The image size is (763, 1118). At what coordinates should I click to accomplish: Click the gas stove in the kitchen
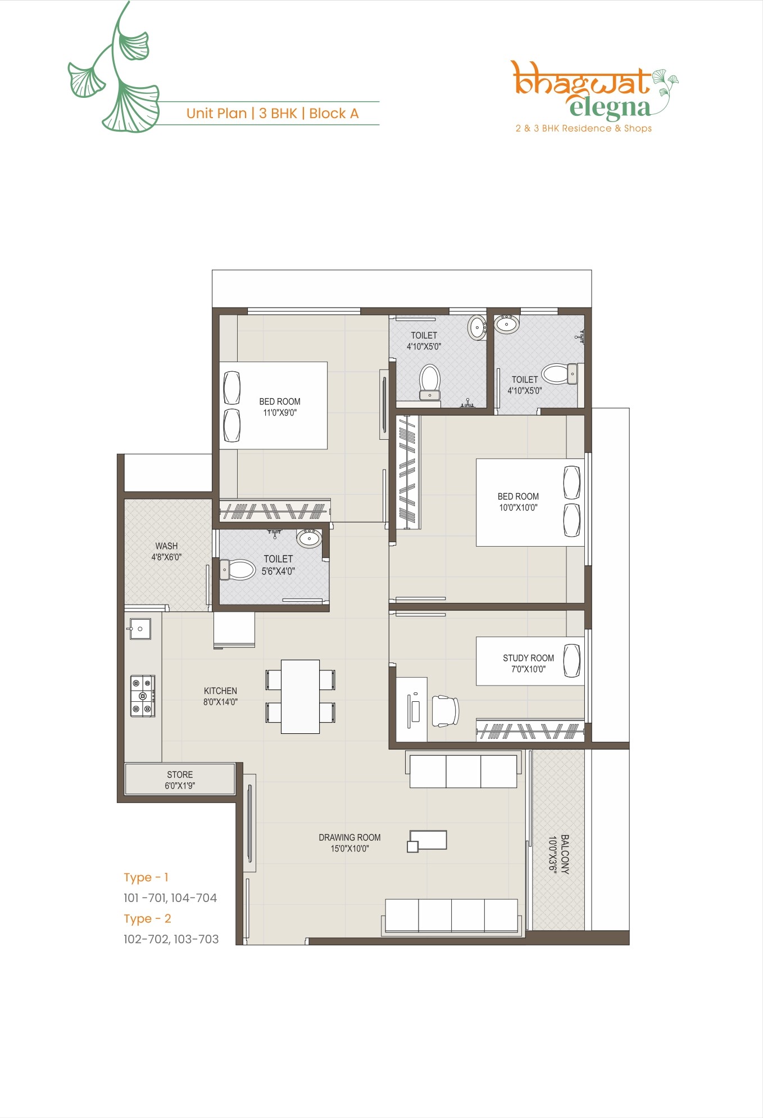(143, 696)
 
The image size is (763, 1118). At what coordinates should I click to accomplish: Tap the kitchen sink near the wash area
(140, 629)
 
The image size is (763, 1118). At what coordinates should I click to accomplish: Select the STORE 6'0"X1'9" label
(180, 780)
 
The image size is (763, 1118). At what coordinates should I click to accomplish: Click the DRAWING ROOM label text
(349, 837)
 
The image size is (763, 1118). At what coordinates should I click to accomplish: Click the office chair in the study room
(445, 711)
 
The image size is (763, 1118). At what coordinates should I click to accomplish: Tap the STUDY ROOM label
(528, 658)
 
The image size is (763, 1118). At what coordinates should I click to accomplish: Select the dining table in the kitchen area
(300, 696)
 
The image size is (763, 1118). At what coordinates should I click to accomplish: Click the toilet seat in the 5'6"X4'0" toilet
(239, 570)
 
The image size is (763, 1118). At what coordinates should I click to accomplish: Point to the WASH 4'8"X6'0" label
(166, 551)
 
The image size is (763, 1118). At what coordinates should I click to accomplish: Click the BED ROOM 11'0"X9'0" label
(280, 407)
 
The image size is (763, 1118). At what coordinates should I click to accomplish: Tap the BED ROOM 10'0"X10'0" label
(518, 502)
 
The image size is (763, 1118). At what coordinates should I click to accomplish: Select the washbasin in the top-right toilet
(507, 324)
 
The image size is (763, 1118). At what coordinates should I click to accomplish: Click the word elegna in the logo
(610, 107)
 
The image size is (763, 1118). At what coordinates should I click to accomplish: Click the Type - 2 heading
(147, 918)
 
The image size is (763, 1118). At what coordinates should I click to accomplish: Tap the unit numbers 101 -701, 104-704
(170, 898)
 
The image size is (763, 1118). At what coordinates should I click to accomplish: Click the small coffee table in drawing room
(428, 840)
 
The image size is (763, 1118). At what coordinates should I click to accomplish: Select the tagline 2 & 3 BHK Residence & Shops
(584, 128)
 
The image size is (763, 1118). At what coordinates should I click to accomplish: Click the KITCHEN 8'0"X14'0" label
(220, 696)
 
